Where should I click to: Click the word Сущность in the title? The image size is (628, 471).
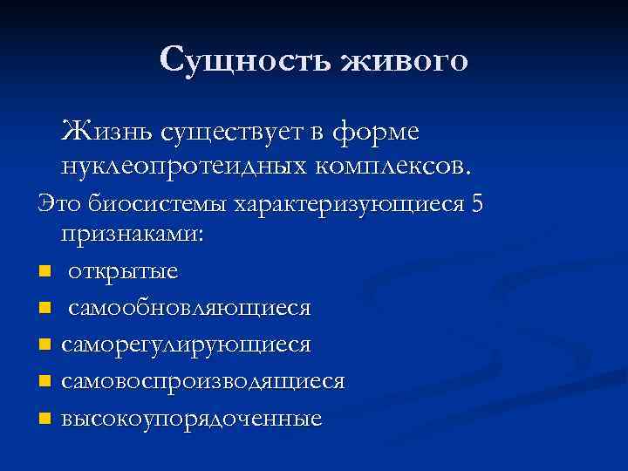coord(248,60)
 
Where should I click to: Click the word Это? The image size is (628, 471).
coord(57,204)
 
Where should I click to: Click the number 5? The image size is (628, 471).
coord(475,203)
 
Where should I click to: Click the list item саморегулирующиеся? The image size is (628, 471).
coord(186,345)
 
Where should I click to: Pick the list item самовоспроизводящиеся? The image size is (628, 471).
coord(203,381)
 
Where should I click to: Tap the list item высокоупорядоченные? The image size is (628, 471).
coord(192,418)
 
